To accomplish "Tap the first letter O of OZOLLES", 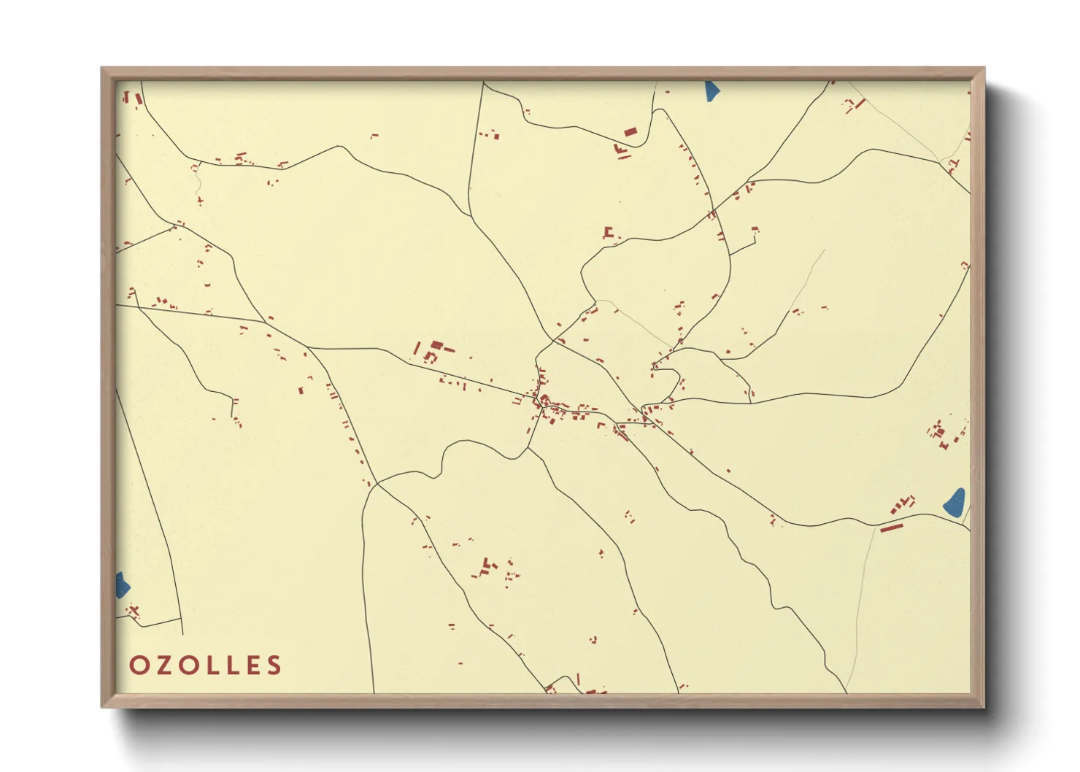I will [x=139, y=665].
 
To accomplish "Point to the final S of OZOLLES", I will [x=274, y=665].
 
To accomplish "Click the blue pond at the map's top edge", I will [x=712, y=91].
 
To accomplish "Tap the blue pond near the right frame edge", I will [x=955, y=502].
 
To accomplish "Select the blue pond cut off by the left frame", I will [x=122, y=585].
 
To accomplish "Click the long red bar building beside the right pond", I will [x=892, y=527].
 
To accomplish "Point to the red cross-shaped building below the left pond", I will [x=134, y=610].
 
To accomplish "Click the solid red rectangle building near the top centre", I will [x=630, y=132].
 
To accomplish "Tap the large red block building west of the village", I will [x=436, y=344].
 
